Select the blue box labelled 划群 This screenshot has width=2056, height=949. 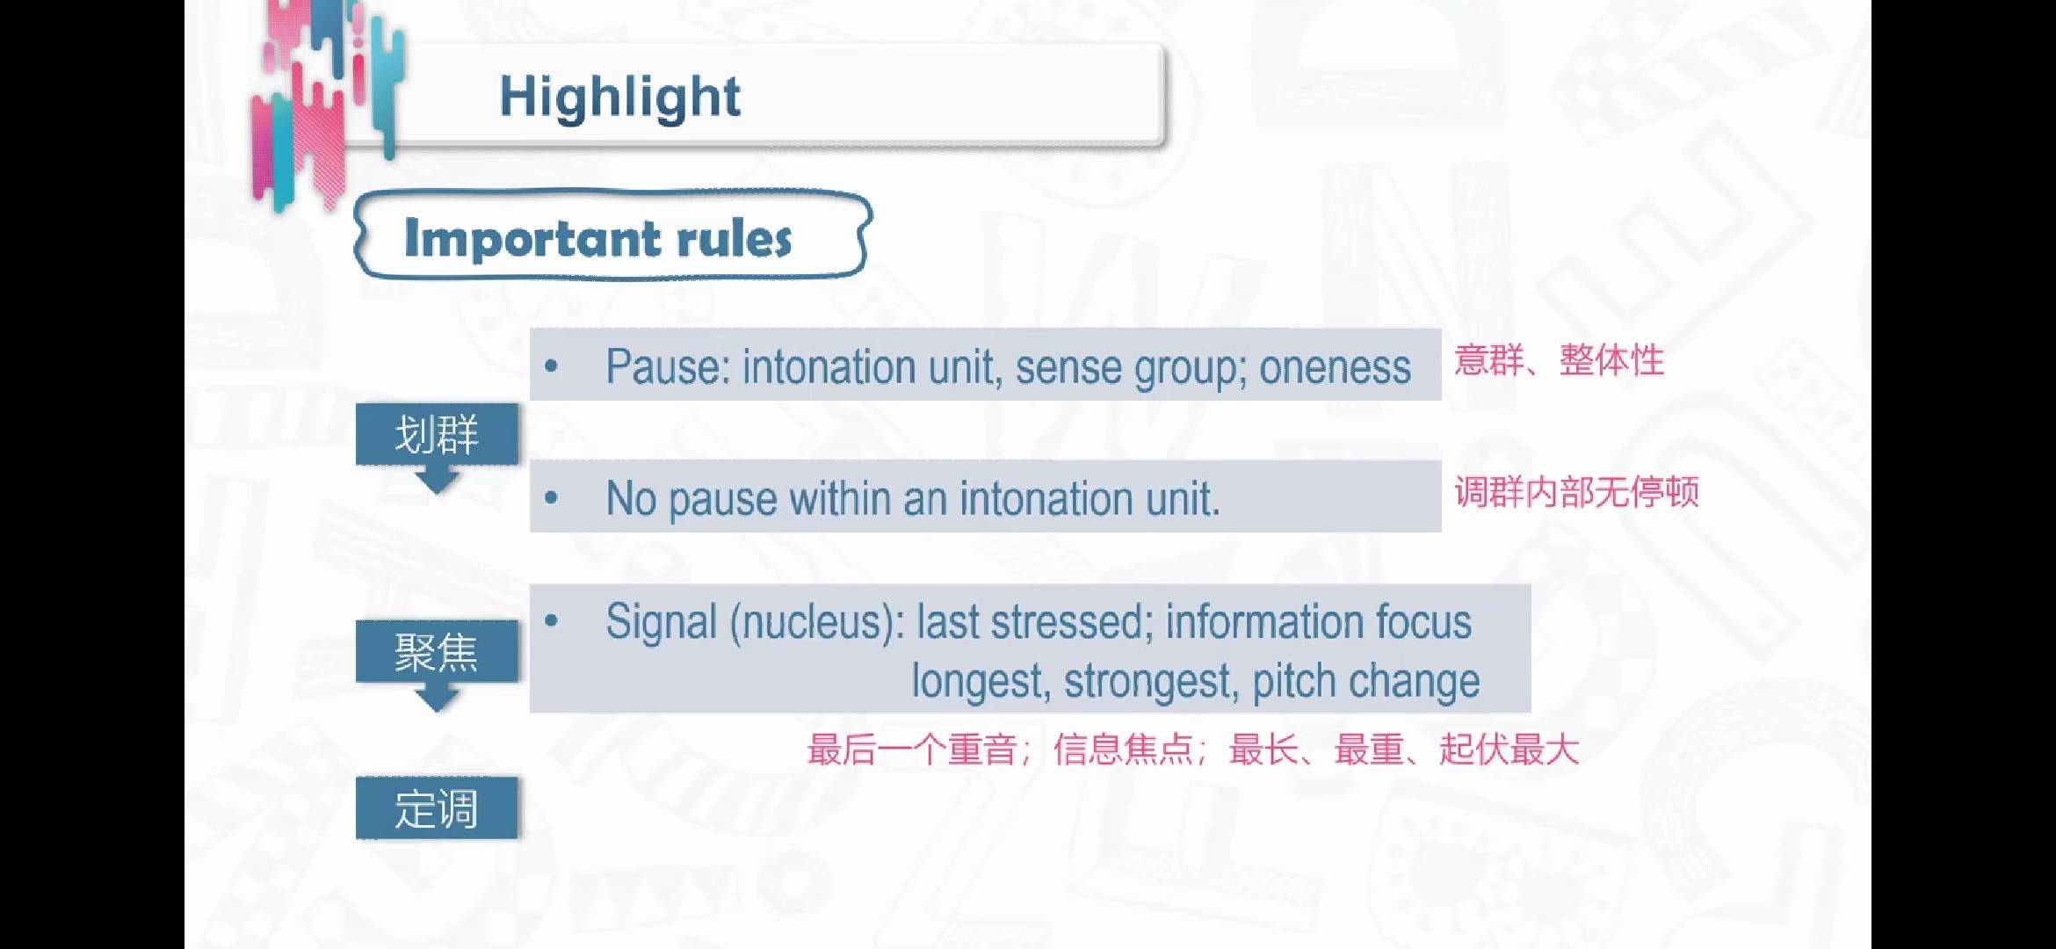(437, 434)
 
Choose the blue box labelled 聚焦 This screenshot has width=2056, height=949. (437, 651)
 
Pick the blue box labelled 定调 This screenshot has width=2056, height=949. (437, 808)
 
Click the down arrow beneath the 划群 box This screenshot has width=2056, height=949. (437, 480)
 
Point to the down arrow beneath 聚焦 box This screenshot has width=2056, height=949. (437, 697)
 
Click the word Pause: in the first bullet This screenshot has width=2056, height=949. (668, 366)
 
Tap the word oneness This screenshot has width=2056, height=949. (1335, 367)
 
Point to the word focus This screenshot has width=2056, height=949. (1423, 621)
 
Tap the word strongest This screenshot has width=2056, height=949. (1152, 682)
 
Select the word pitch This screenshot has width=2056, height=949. (1294, 682)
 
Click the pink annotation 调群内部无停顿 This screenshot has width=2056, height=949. (1576, 492)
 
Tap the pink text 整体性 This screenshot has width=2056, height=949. (1611, 360)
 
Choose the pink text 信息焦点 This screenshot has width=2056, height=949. (1123, 750)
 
